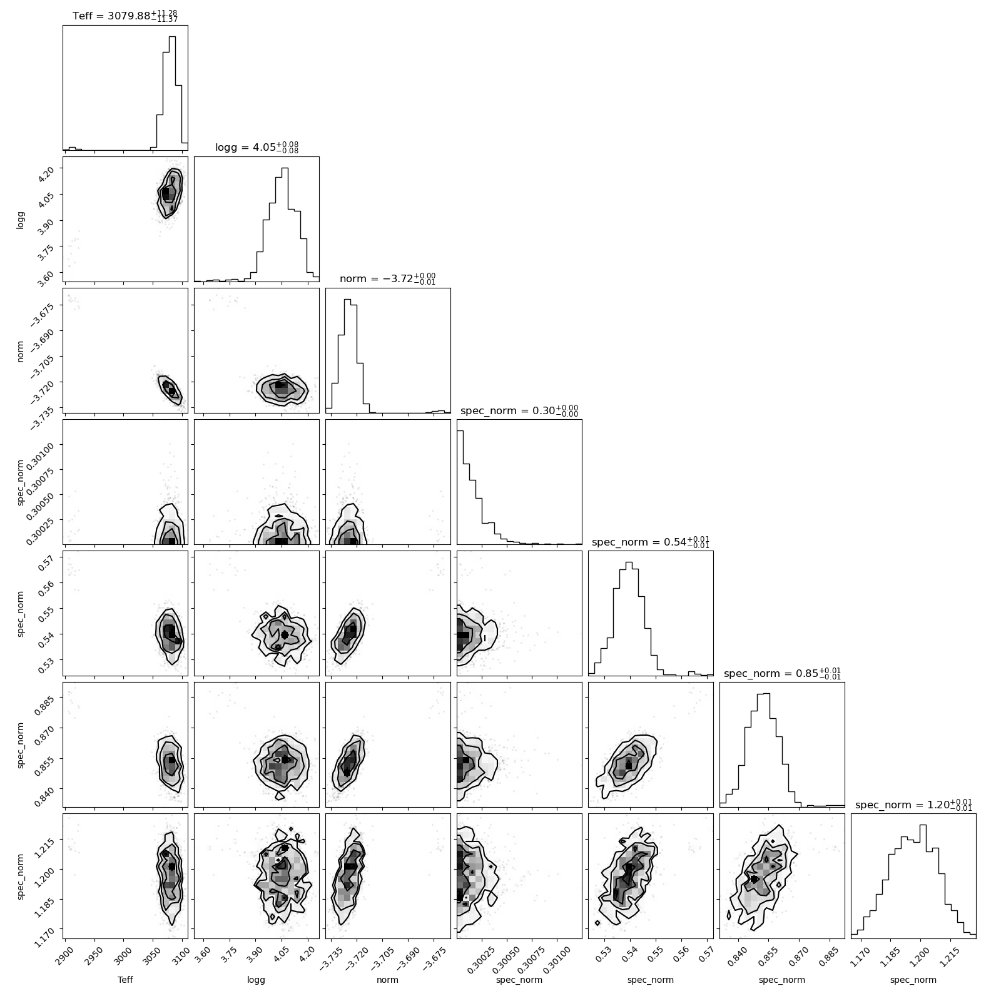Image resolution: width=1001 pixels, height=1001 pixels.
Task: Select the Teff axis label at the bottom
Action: tap(125, 980)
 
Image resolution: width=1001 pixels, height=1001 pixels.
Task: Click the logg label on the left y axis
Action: tap(21, 219)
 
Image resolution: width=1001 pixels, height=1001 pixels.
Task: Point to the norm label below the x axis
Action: tap(388, 980)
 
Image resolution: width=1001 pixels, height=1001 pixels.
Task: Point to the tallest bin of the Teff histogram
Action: tap(172, 93)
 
